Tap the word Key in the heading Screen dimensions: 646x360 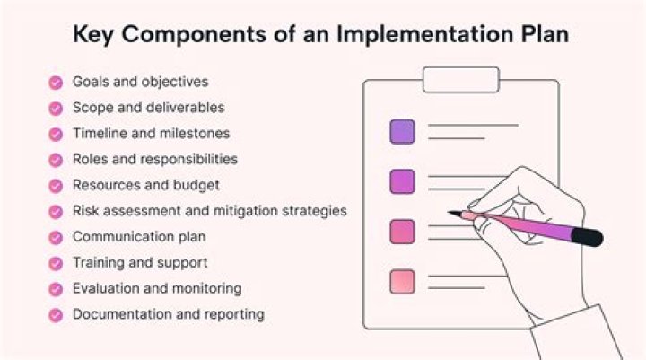point(92,35)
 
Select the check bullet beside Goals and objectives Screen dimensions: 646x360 point(56,83)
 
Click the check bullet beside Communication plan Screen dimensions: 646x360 point(56,238)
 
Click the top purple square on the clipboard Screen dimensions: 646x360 point(402,132)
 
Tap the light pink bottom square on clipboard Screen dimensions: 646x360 point(402,282)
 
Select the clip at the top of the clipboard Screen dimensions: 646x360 point(461,79)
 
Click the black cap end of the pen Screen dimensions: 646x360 point(588,237)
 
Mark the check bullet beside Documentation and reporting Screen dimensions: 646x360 point(56,315)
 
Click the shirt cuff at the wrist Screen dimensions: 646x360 point(577,333)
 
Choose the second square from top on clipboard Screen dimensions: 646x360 point(402,181)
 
